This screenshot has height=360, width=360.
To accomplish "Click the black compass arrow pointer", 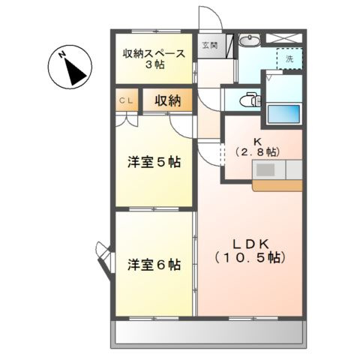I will point(75,71).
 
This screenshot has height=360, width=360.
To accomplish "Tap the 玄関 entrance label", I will point(210,46).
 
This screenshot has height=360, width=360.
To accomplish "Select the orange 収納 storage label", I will point(167,100).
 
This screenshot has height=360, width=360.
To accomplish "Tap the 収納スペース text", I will point(155,54).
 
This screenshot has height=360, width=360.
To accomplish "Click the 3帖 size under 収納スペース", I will point(155,65).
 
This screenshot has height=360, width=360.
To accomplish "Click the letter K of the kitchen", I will point(256,140).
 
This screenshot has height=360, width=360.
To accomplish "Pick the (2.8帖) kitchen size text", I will point(256,151).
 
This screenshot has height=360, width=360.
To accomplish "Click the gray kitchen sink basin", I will point(266,169).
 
